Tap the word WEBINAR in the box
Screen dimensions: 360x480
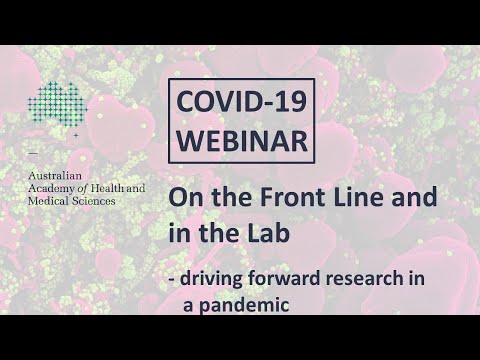(x=240, y=139)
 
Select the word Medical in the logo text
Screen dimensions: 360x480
(x=50, y=200)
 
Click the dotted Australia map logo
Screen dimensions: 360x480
(x=57, y=106)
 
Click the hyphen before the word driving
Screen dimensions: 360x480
(x=172, y=279)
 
